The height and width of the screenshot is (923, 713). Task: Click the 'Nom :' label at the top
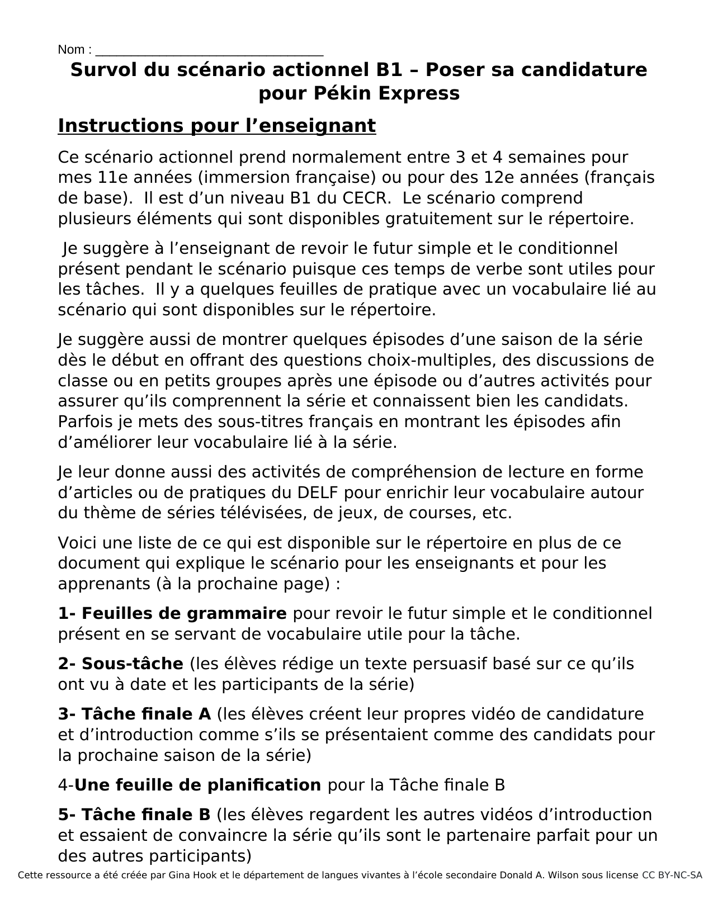tap(75, 50)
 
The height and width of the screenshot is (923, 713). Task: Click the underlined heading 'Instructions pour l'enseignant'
tap(216, 126)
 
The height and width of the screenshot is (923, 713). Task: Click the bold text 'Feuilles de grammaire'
tap(184, 614)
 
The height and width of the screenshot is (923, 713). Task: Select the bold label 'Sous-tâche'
tap(132, 664)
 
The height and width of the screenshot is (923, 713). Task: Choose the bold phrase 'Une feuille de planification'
tap(197, 785)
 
